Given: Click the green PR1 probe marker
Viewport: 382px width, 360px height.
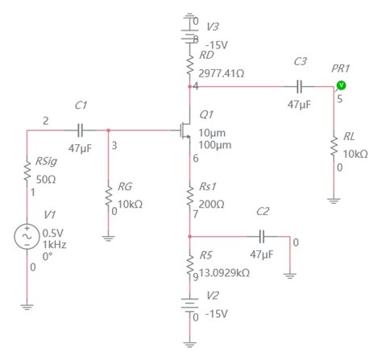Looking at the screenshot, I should point(340,85).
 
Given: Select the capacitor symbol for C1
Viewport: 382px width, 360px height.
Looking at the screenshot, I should point(80,129).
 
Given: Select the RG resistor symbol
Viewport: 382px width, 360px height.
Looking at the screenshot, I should point(109,193).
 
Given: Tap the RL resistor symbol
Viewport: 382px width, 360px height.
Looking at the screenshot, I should point(334,147).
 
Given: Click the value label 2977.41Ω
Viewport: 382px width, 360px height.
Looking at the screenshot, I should point(222,72).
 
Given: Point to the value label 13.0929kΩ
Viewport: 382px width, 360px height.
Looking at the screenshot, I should point(225,272).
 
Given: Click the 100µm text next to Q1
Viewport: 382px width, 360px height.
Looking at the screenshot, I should point(214,144).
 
